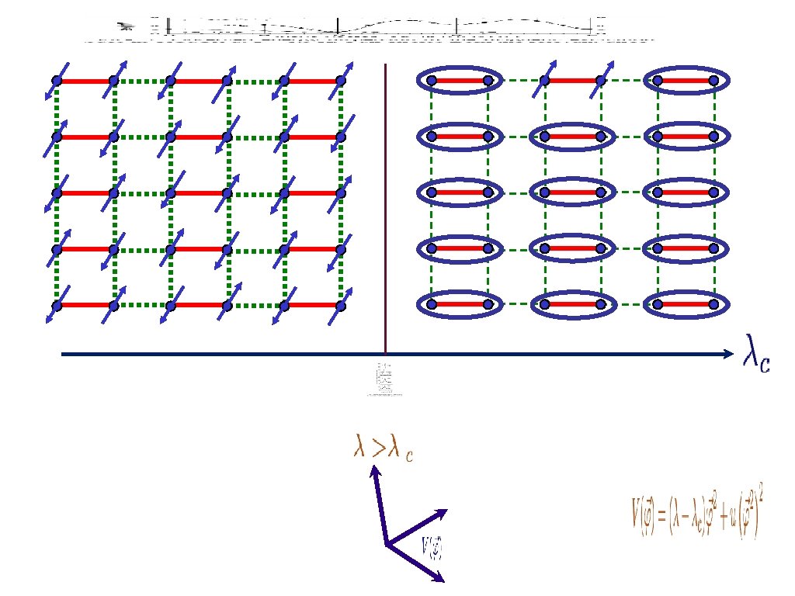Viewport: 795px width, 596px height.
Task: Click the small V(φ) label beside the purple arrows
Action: (x=432, y=546)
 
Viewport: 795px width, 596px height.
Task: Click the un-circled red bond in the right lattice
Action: (x=572, y=80)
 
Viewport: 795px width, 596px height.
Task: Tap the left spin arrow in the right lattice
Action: (x=545, y=80)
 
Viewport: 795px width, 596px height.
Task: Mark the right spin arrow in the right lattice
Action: (x=600, y=80)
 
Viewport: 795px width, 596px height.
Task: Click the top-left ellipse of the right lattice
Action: (x=458, y=80)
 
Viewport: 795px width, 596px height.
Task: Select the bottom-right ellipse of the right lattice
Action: (x=686, y=304)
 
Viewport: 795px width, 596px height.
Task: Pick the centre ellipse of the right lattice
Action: (x=572, y=192)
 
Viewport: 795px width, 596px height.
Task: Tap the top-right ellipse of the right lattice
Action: (x=686, y=80)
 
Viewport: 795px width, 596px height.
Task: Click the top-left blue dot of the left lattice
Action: (x=56, y=81)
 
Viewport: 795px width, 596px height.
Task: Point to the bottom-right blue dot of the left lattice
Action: (x=340, y=305)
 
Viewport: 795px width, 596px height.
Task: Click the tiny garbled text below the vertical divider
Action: (x=384, y=380)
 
